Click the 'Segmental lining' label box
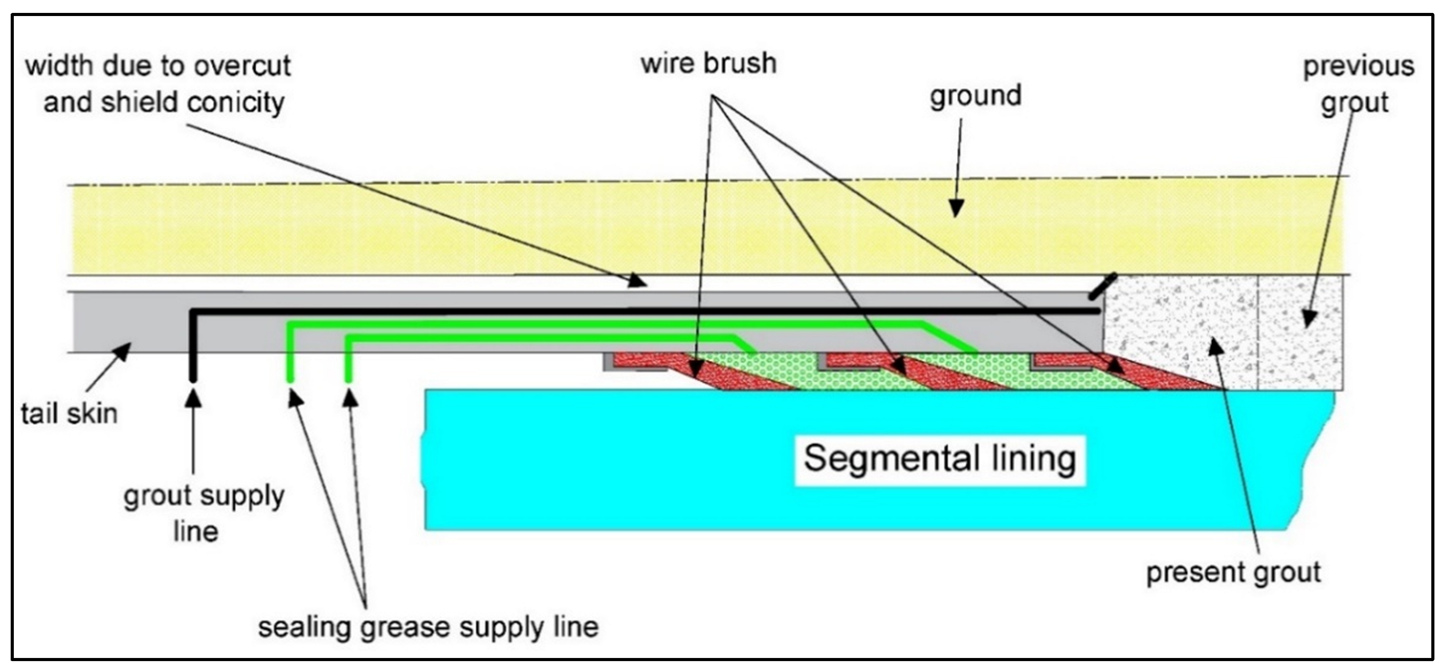(x=939, y=459)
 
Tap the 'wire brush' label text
(x=708, y=63)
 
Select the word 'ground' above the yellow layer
(x=975, y=96)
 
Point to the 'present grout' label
(x=1233, y=573)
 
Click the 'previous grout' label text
(x=1357, y=84)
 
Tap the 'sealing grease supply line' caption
(x=428, y=627)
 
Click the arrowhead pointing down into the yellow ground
(x=956, y=209)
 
